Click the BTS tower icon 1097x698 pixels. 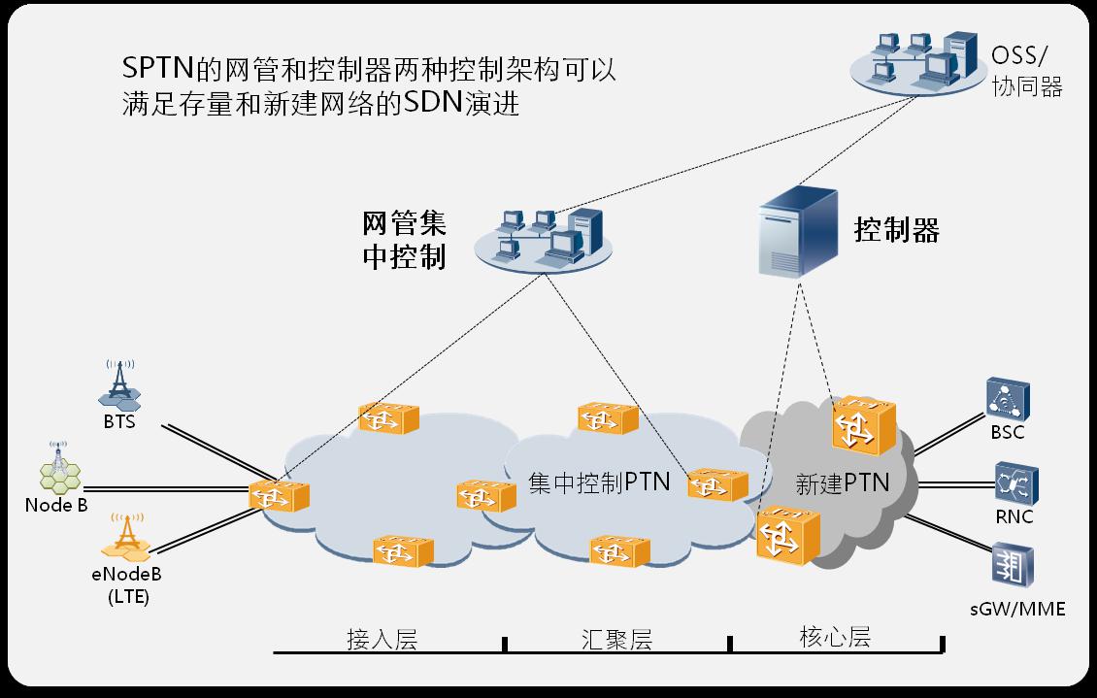118,385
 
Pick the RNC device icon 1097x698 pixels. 1014,482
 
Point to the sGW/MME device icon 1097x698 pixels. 1013,567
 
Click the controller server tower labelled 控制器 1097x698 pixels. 799,232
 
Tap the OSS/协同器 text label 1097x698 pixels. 1027,71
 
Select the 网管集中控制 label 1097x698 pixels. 404,241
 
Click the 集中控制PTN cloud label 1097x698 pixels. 599,482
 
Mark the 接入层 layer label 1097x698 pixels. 382,639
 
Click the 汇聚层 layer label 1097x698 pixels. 617,639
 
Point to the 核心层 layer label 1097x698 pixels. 835,637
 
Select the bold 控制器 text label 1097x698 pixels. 896,230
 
